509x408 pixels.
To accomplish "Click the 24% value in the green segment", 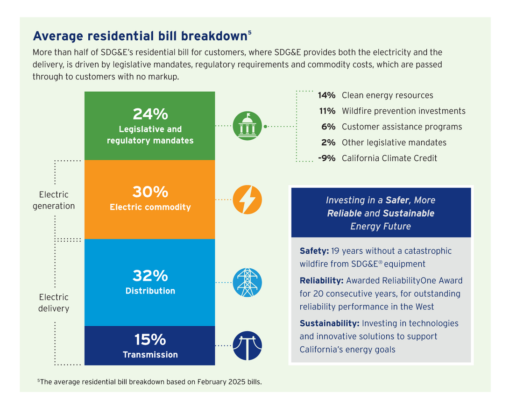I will pos(150,114).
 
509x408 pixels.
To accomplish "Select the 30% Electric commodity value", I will pos(150,192).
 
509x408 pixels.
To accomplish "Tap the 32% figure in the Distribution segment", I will pos(150,276).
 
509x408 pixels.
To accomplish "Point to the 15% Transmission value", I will pos(150,340).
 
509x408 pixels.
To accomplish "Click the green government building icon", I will pos(247,126).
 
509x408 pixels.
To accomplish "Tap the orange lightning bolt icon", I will pos(247,200).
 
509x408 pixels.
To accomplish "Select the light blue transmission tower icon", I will pos(247,282).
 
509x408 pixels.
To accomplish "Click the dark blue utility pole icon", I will pos(247,346).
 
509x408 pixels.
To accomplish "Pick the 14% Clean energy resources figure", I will pos(326,95).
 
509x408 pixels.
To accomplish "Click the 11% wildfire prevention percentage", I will pos(327,111).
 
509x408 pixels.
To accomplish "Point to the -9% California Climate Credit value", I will pos(326,158).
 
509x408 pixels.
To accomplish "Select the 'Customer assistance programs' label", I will pos(402,127).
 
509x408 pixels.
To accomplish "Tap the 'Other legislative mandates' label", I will pos(394,143).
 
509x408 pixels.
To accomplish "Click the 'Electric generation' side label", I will pos(54,200).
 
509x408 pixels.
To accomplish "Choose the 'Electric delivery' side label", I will pos(54,302).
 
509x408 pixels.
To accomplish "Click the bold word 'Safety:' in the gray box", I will pos(314,251).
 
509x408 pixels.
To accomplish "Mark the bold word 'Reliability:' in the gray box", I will pos(322,280).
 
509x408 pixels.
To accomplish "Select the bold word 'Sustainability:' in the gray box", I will pos(329,323).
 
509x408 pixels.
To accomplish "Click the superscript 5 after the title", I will pos(250,32).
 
